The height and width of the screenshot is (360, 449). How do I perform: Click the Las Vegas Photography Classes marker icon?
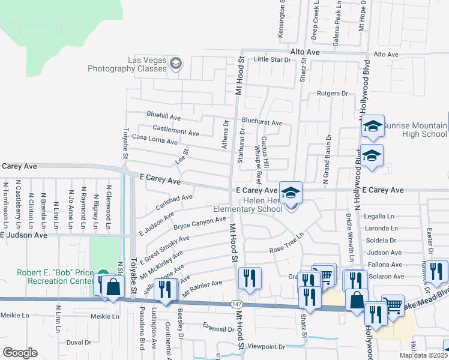(176, 64)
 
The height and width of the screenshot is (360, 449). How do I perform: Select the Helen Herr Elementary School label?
(248, 205)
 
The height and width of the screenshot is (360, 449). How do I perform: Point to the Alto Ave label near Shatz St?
(304, 53)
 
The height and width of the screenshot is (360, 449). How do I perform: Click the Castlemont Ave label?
(176, 131)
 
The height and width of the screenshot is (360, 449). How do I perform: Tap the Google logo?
(20, 352)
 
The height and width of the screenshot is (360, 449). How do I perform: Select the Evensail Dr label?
(218, 329)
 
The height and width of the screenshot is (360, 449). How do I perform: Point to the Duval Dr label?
(79, 343)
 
